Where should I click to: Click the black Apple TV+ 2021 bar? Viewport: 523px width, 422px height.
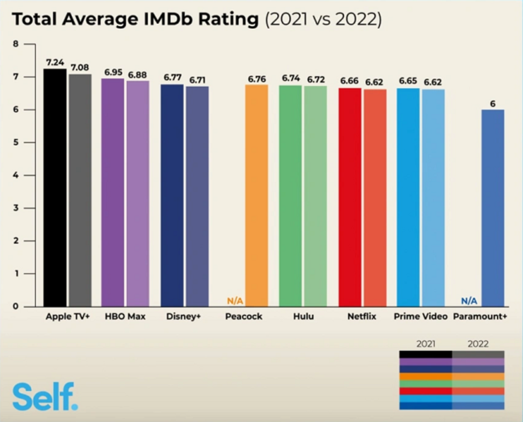coord(55,188)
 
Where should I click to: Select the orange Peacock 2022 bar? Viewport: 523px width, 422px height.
coord(257,196)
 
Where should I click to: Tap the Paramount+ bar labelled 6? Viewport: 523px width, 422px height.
coord(493,208)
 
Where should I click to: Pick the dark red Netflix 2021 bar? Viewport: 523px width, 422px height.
coord(350,197)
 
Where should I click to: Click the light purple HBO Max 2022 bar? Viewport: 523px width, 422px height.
coord(138,194)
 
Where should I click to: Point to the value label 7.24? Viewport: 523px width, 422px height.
coord(55,62)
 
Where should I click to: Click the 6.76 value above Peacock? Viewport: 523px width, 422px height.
coord(257,79)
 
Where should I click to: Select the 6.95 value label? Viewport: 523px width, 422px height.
coord(113,72)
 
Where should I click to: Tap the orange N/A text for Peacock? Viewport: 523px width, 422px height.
coord(235,301)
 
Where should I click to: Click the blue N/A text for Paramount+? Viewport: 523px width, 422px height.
coord(469,301)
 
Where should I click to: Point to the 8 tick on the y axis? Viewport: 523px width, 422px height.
coord(16,44)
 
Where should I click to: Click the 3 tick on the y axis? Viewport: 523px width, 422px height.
coord(16,208)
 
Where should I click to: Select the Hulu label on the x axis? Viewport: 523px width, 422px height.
coord(303,316)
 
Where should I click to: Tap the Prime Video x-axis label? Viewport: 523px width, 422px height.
coord(421,316)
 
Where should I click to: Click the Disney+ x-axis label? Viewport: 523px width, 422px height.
coord(183,316)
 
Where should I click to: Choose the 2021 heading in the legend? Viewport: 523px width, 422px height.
coord(426,344)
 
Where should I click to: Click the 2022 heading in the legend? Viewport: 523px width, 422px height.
coord(478,344)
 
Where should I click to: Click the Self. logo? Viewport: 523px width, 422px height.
coord(45,396)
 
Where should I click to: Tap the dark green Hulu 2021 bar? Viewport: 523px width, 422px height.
coord(290,196)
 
